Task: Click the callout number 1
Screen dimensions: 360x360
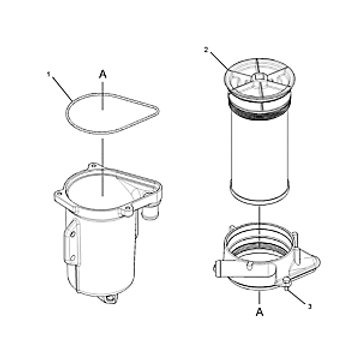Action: pos(49,75)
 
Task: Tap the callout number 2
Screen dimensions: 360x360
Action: pos(206,50)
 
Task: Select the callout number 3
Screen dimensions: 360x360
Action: pos(309,307)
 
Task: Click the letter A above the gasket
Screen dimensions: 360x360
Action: pos(103,75)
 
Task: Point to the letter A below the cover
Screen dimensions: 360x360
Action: pos(260,312)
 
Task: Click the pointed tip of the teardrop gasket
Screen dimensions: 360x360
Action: pos(157,112)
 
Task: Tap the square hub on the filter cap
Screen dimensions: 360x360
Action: pos(259,77)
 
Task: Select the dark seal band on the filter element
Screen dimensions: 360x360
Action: pos(259,110)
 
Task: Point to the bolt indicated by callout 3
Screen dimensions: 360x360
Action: pos(286,283)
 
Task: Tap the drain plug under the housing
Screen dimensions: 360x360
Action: pos(109,298)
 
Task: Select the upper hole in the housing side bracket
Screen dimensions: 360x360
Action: pos(72,234)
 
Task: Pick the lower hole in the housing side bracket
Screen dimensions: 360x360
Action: pos(72,258)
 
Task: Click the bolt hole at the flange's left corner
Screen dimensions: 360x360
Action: pos(59,193)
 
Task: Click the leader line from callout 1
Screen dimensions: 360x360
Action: pos(62,88)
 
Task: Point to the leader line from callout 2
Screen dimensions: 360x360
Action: pos(219,61)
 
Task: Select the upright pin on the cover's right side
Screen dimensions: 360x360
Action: pos(295,238)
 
